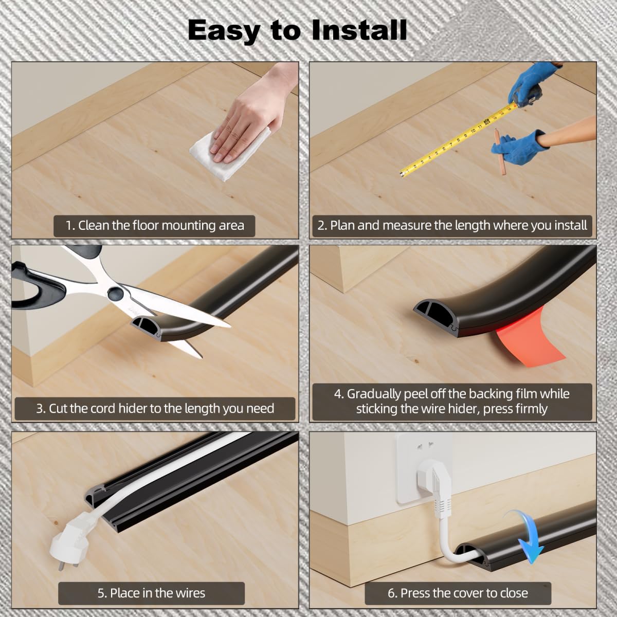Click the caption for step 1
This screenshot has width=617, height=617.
(x=154, y=225)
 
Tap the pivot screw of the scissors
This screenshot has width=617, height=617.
(x=115, y=294)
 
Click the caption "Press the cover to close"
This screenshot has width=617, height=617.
(x=458, y=593)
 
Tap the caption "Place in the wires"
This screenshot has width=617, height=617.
(x=151, y=593)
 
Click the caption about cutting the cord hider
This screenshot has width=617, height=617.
(x=154, y=409)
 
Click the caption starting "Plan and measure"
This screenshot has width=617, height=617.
(x=452, y=225)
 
